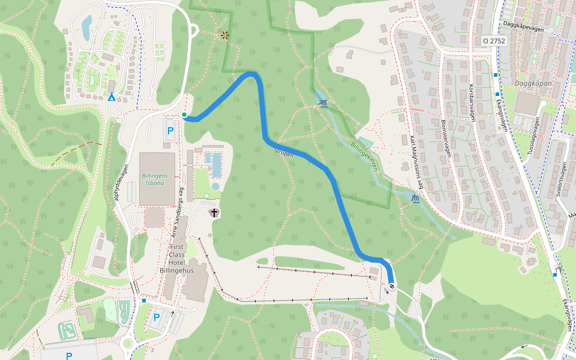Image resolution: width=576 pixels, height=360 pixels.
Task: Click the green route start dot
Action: (x=184, y=115)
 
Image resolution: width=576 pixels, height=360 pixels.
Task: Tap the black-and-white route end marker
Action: (x=391, y=286)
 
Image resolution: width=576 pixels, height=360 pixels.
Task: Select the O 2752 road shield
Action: (x=495, y=41)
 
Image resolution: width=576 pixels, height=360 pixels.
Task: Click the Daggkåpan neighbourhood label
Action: (x=533, y=82)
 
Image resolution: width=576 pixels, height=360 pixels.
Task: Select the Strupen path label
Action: (x=284, y=152)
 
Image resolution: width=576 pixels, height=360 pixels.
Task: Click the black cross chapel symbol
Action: (x=214, y=213)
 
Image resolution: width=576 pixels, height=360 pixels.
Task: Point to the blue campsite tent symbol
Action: (x=111, y=97)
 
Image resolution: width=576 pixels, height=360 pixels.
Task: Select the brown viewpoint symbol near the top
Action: (x=225, y=35)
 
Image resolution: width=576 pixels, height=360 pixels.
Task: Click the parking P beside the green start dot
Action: (x=170, y=130)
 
